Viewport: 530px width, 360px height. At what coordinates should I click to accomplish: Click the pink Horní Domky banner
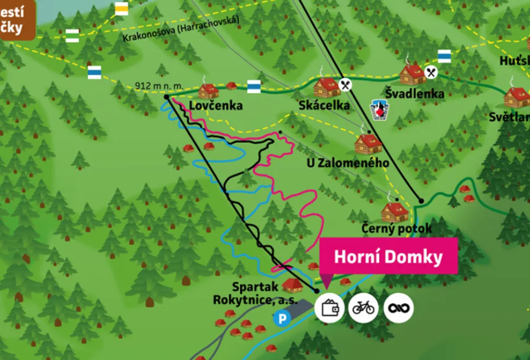click(x=388, y=256)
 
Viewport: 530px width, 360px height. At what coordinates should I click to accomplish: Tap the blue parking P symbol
click(x=283, y=318)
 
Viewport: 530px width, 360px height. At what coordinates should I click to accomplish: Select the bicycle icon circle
click(x=363, y=307)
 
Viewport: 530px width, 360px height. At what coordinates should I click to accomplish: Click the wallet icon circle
click(x=330, y=307)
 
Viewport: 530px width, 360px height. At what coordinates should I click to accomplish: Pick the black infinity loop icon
click(x=398, y=307)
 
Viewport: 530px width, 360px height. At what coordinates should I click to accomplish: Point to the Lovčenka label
click(x=216, y=106)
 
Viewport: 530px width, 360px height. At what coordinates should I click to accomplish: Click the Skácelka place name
click(x=324, y=106)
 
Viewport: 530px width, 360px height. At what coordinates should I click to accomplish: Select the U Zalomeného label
click(x=348, y=163)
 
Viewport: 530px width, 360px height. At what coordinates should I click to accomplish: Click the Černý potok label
click(x=396, y=229)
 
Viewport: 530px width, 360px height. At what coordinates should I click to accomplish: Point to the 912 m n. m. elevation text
click(x=158, y=86)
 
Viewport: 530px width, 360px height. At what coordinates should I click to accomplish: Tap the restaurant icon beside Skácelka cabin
click(x=345, y=84)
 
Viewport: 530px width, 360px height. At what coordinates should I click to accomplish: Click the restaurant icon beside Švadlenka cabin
click(x=431, y=72)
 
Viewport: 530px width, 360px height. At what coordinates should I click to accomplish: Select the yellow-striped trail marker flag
click(x=121, y=9)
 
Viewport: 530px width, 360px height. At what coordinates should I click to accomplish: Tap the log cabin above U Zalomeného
click(x=368, y=142)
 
